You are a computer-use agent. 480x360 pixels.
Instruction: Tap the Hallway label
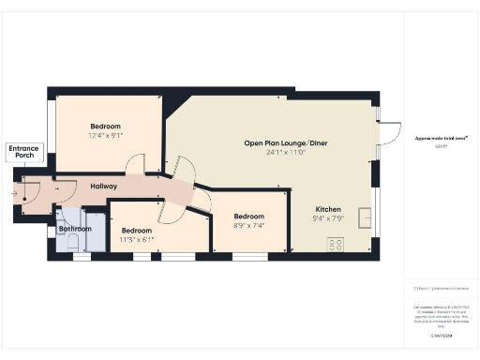point(103,187)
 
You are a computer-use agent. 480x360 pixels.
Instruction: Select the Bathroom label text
point(75,229)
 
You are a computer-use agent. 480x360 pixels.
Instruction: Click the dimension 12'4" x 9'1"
point(107,135)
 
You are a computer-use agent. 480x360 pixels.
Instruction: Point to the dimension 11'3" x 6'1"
point(137,240)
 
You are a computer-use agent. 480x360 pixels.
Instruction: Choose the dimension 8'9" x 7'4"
point(249,225)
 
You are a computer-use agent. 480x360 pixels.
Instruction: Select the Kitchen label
point(328,209)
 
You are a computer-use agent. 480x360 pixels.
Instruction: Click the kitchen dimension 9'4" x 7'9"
point(328,218)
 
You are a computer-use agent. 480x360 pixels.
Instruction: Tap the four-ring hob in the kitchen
point(335,245)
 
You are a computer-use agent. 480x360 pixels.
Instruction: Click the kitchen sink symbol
point(365,213)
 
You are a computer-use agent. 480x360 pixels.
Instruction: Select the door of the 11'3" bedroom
point(170,212)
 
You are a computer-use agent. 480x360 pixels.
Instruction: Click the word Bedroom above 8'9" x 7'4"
point(249,216)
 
